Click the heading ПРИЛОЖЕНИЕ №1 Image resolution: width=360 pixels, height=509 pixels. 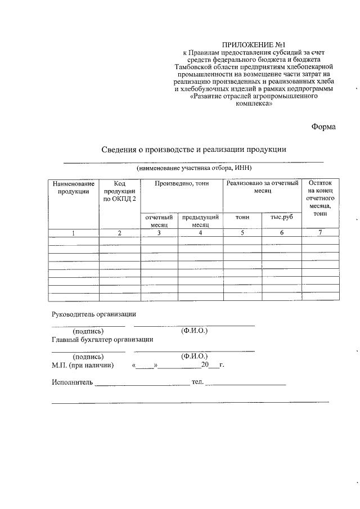point(250,43)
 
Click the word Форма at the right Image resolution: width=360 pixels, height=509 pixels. point(323,127)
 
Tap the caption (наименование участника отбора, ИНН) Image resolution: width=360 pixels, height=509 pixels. point(193,168)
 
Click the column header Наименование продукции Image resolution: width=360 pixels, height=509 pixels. point(73,187)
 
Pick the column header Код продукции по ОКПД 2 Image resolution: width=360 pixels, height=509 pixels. point(119,191)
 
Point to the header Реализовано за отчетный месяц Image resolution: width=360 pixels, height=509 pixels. point(262,187)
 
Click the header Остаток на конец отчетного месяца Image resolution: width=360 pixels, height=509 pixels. point(320,199)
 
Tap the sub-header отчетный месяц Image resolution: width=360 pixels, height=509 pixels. point(159,220)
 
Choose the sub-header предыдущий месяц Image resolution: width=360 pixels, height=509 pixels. point(200,220)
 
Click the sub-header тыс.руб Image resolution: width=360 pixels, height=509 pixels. point(282,217)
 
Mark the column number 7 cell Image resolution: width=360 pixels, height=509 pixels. point(320,232)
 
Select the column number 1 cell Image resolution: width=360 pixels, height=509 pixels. point(73,233)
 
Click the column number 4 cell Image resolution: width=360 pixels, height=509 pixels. point(200,233)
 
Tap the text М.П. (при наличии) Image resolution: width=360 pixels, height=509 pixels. point(82,366)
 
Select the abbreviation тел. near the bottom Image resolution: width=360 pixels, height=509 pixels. point(197,382)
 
